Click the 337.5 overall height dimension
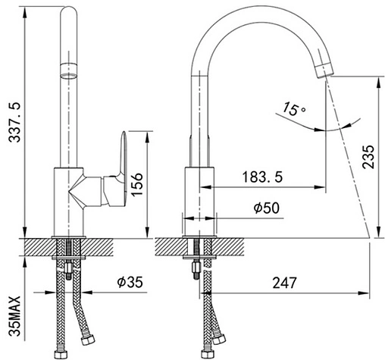(14, 123)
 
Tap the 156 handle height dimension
(137, 184)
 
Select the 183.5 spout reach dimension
(262, 177)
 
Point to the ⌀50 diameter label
(267, 208)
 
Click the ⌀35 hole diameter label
(130, 282)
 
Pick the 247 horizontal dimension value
(284, 283)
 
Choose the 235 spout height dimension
(368, 157)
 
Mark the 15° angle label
(294, 108)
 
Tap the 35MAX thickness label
(14, 316)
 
